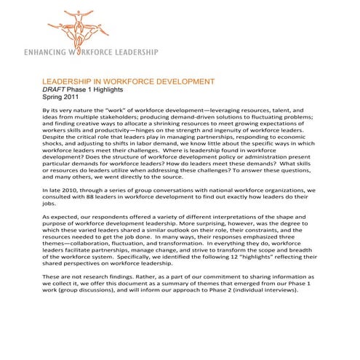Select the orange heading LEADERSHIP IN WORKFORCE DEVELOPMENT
point(128,81)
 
